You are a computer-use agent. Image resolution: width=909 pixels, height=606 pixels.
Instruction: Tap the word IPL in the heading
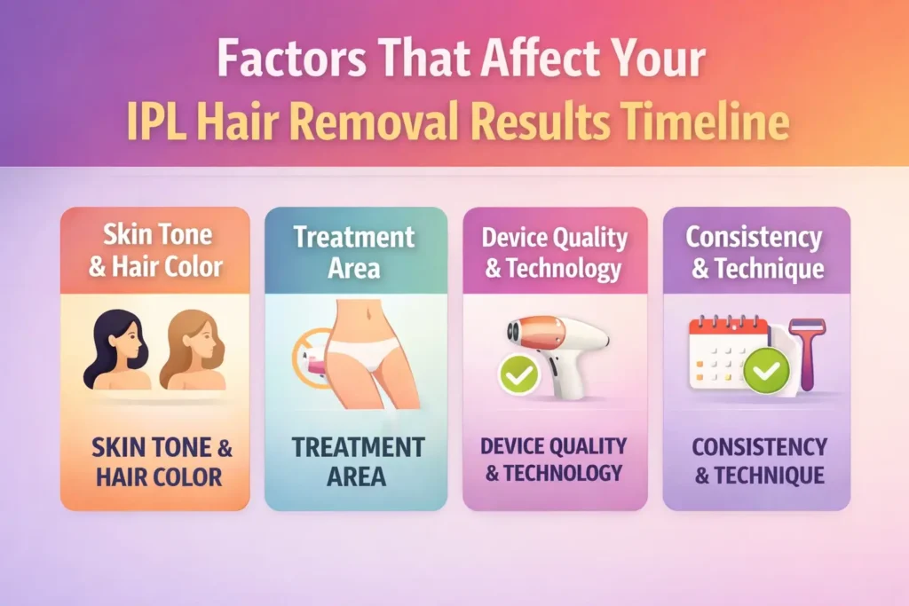click(x=154, y=123)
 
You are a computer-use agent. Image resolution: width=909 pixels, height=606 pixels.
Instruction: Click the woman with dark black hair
click(x=114, y=350)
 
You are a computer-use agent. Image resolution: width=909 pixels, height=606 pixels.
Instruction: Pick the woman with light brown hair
click(x=191, y=350)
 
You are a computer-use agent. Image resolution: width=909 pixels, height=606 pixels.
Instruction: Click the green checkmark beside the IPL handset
click(x=519, y=376)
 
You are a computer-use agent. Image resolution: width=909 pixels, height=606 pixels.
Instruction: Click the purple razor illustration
click(x=807, y=350)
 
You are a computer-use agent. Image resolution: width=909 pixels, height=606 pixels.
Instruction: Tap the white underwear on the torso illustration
click(x=364, y=363)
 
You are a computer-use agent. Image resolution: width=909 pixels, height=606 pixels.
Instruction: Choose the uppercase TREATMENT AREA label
click(x=356, y=460)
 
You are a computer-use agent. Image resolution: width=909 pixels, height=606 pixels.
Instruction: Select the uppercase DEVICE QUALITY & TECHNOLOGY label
click(x=554, y=460)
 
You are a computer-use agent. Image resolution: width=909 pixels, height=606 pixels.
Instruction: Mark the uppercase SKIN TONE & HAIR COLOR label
click(x=155, y=462)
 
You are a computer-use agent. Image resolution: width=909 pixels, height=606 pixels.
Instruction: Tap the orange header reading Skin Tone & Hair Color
click(x=155, y=251)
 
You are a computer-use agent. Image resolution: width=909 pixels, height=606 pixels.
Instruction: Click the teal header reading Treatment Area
click(x=355, y=251)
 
